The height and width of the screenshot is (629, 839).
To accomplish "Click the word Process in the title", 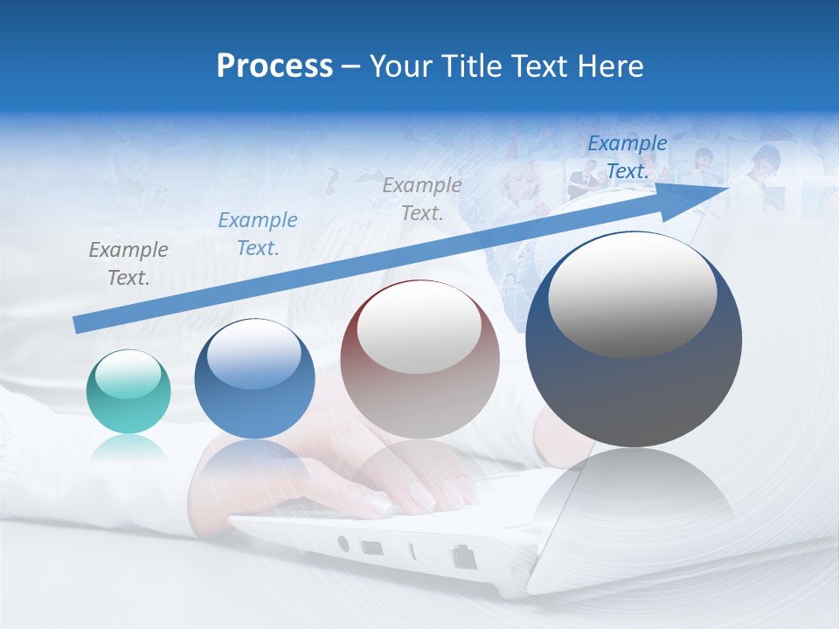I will click(274, 66).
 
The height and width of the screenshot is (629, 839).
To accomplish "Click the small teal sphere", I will click(128, 391).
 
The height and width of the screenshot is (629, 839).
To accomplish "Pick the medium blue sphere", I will click(254, 379).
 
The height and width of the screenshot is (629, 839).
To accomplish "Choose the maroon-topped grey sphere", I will click(419, 360).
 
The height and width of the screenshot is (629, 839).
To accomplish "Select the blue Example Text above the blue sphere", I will click(258, 234).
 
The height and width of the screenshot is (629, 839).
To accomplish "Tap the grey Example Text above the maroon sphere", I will click(422, 198).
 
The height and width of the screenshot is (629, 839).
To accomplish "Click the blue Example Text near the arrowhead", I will click(628, 157).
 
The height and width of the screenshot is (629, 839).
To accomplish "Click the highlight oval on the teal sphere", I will click(128, 375).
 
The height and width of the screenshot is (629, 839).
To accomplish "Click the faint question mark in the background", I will click(331, 183).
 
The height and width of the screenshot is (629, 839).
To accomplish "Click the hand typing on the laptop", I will click(411, 489).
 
